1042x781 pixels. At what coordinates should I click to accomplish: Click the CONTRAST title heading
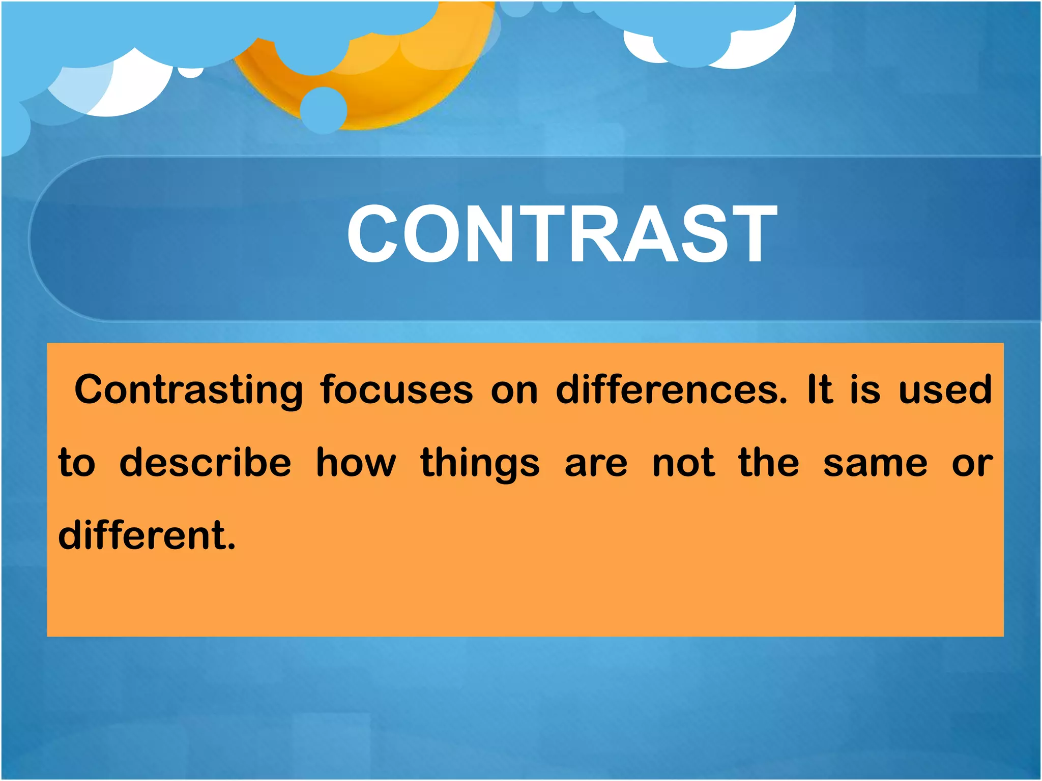click(x=562, y=234)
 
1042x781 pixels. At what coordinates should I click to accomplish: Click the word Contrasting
click(x=189, y=390)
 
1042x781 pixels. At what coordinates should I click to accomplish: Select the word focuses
click(x=396, y=390)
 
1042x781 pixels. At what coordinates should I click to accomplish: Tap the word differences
click(x=671, y=390)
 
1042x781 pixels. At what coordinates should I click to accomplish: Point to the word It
click(x=820, y=390)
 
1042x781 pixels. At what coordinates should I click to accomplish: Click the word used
click(x=945, y=390)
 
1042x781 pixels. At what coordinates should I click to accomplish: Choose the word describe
click(x=205, y=463)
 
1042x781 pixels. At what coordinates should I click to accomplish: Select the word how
click(x=356, y=463)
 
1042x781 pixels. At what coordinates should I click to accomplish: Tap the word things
click(x=480, y=464)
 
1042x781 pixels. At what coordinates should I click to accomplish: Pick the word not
click(x=683, y=464)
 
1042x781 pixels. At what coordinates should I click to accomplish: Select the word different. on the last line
click(x=147, y=535)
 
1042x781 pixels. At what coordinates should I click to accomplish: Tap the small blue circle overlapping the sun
click(x=324, y=110)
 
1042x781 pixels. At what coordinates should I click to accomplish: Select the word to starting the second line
click(x=77, y=464)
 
